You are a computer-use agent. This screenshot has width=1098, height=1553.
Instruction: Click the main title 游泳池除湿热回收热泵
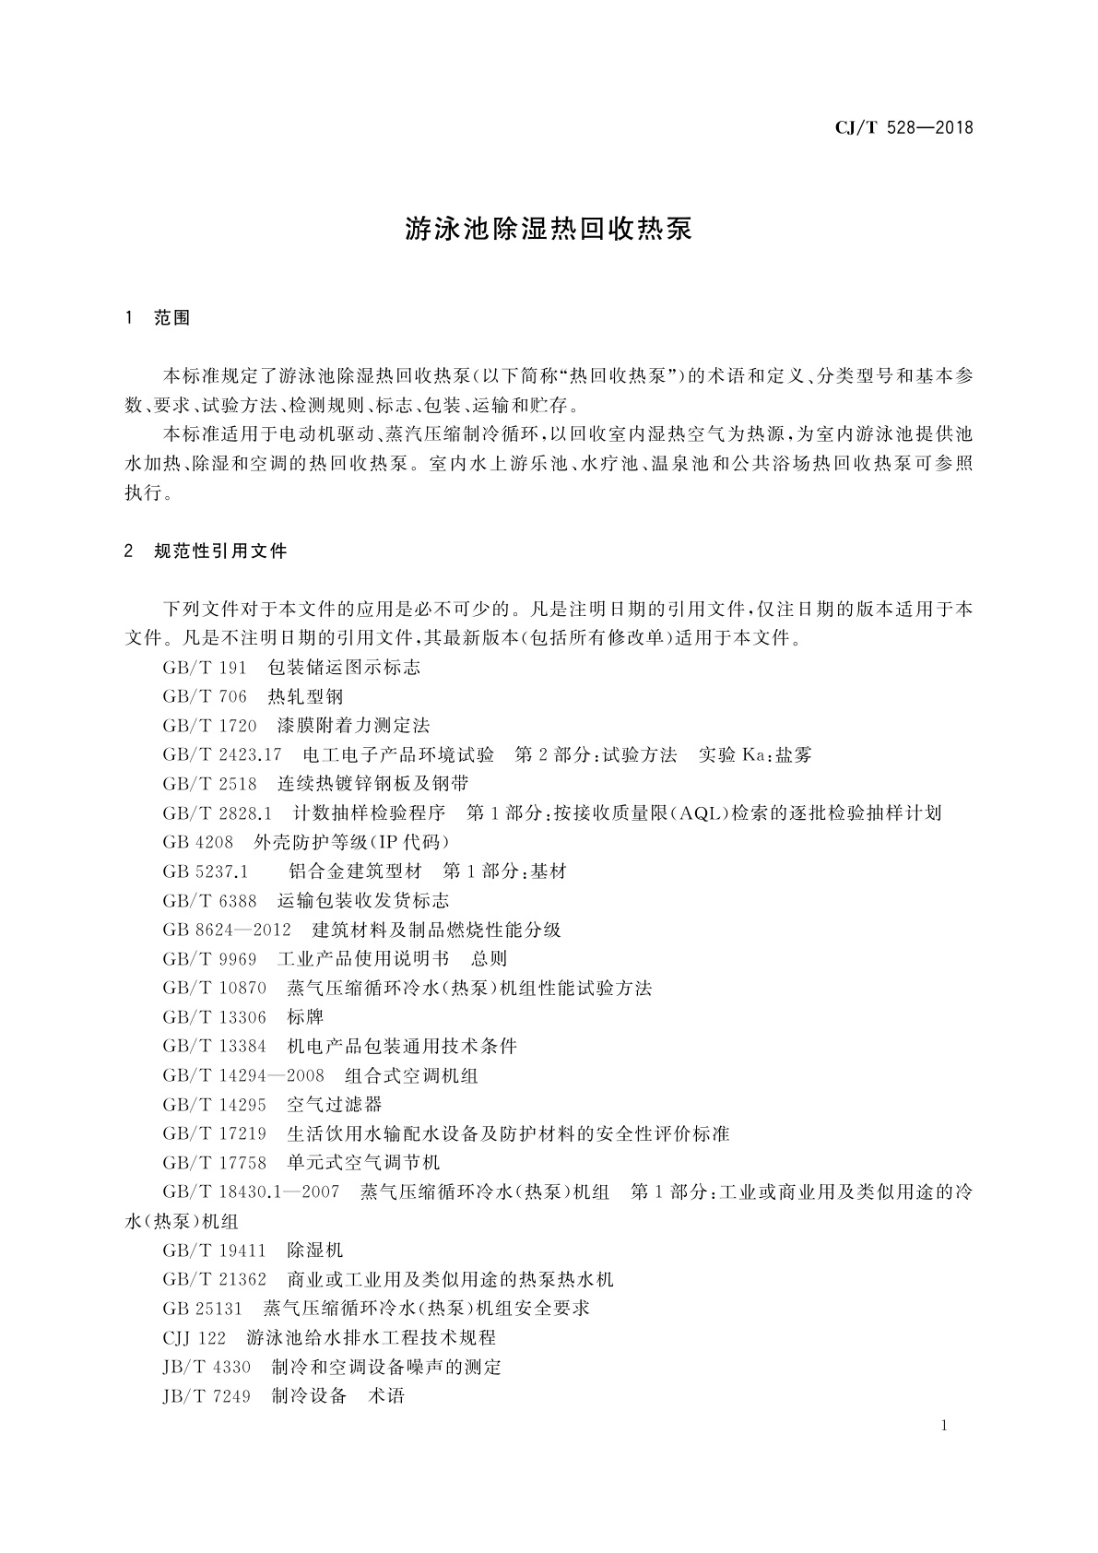[549, 230]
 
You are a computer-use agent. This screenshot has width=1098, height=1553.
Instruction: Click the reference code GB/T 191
[205, 667]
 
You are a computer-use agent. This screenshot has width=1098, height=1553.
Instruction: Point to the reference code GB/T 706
[205, 696]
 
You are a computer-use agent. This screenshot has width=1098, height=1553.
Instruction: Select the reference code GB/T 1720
[209, 726]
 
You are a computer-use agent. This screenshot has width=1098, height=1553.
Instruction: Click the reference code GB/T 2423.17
[222, 754]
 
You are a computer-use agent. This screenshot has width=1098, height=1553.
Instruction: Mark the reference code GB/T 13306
[215, 1017]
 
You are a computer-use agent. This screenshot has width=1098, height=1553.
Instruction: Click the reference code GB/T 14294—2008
[243, 1075]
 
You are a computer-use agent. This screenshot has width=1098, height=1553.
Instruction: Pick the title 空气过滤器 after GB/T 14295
[335, 1105]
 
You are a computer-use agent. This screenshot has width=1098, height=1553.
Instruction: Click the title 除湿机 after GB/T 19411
[315, 1251]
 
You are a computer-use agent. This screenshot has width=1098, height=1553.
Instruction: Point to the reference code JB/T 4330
[207, 1367]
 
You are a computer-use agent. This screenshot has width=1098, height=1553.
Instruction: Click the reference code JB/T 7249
[207, 1396]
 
